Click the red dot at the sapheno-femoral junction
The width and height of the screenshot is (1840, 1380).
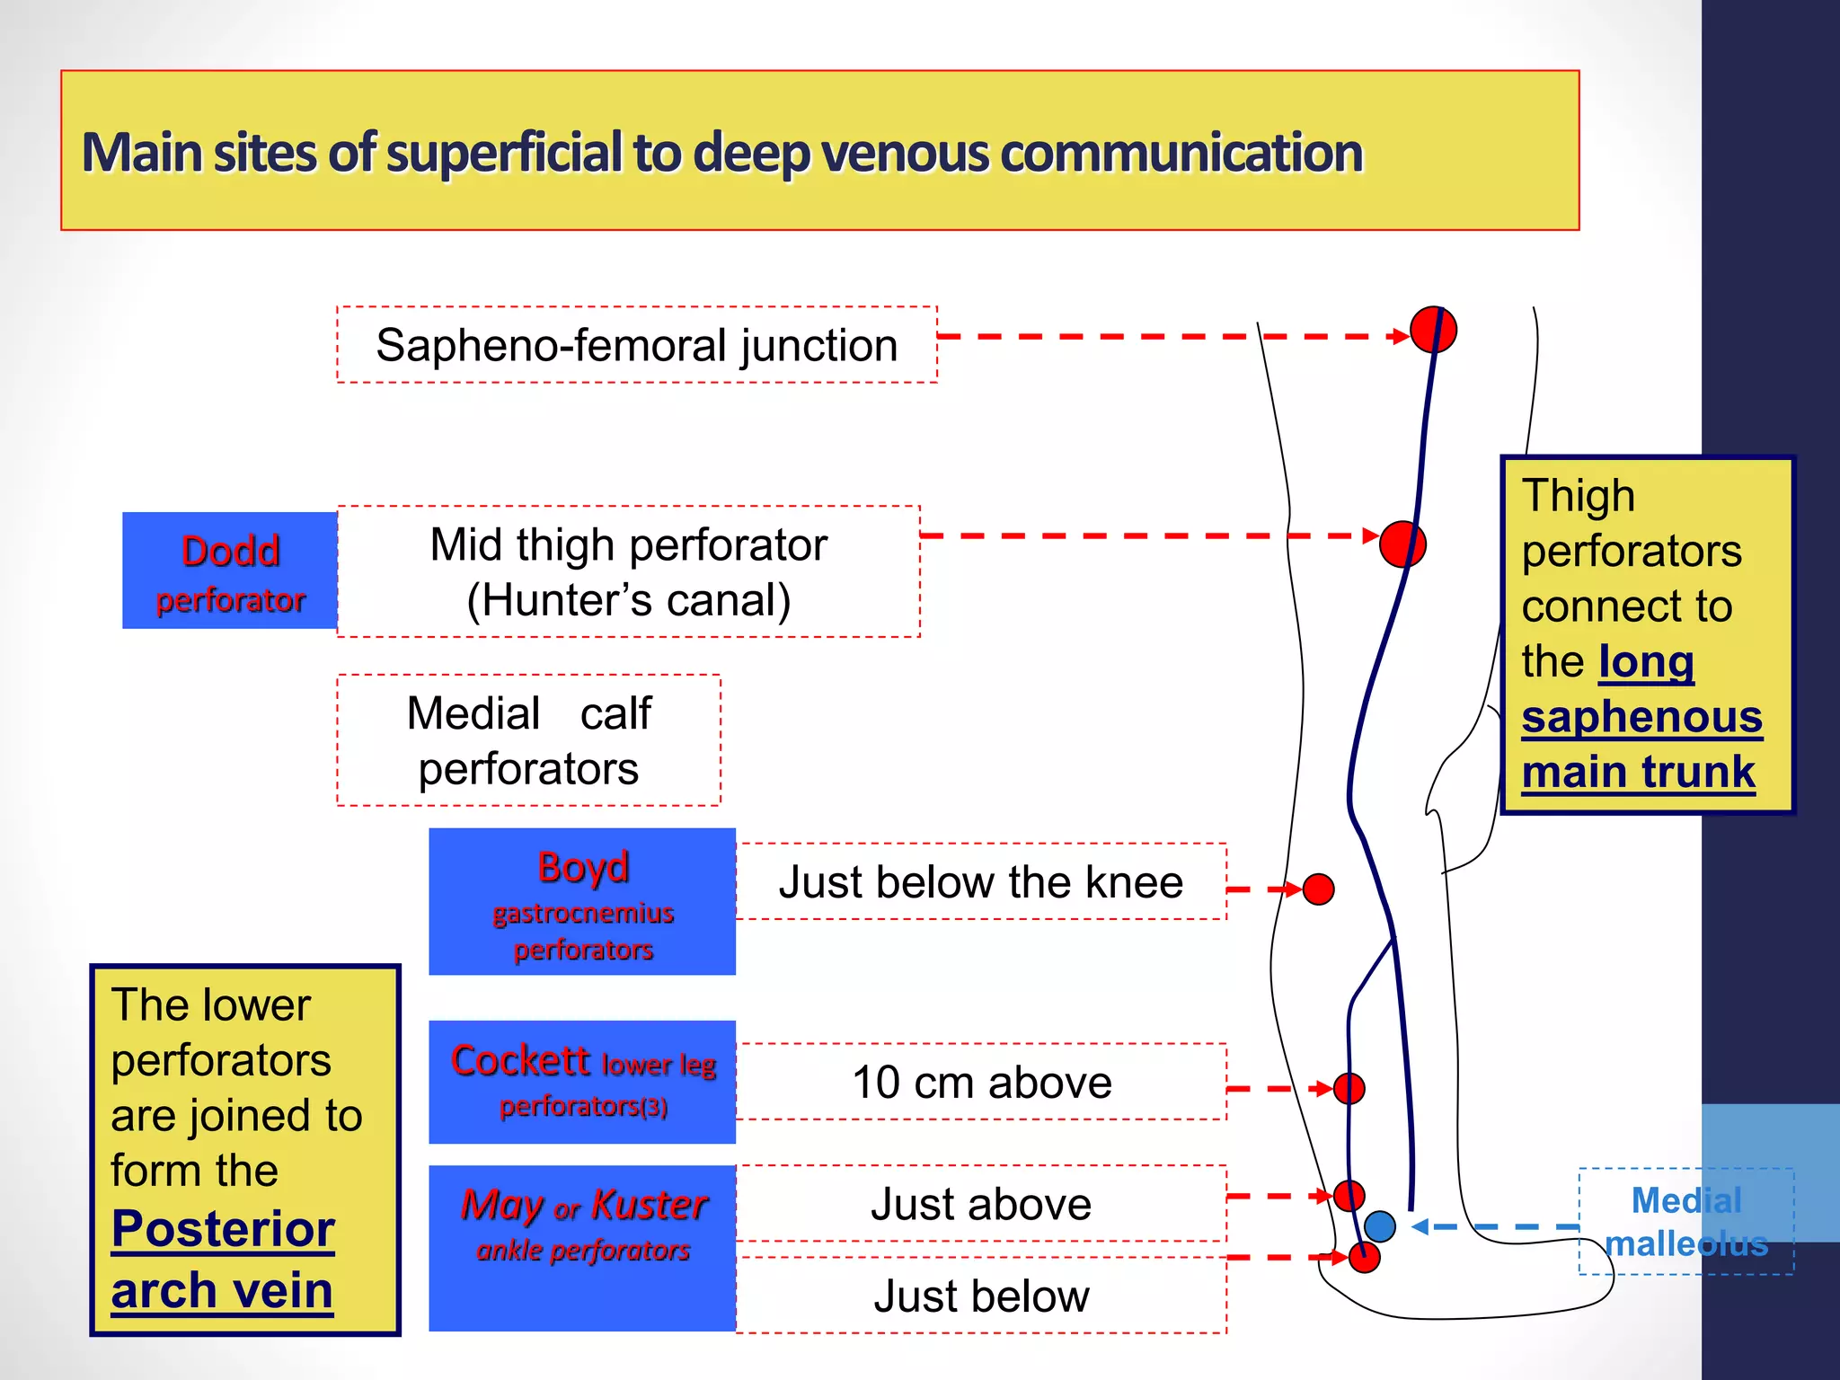[x=1433, y=330]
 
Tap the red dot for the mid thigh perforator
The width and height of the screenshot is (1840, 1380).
[x=1402, y=544]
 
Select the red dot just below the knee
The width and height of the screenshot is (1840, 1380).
[x=1318, y=889]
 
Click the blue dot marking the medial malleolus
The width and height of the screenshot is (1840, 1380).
[x=1380, y=1225]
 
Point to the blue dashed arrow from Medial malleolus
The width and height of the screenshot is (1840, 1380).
[x=1496, y=1226]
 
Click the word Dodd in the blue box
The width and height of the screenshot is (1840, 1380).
[x=230, y=551]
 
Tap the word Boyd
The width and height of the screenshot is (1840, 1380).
[x=583, y=867]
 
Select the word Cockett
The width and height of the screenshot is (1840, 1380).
[x=520, y=1060]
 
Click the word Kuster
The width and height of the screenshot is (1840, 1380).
[x=650, y=1204]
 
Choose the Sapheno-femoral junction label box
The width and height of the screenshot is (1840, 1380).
[x=637, y=345]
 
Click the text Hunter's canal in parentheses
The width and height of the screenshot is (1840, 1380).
[x=629, y=600]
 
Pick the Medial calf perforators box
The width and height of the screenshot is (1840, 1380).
[x=528, y=740]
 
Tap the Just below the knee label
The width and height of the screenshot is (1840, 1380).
[x=980, y=881]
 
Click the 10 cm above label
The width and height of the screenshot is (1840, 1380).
[x=981, y=1082]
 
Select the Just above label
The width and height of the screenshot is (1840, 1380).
[x=981, y=1204]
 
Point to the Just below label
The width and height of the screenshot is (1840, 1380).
[x=981, y=1296]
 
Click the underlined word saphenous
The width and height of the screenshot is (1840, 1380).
[x=1641, y=716]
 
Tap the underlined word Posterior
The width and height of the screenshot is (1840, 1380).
[x=223, y=1228]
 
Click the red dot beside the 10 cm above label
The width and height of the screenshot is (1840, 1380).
[x=1349, y=1088]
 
